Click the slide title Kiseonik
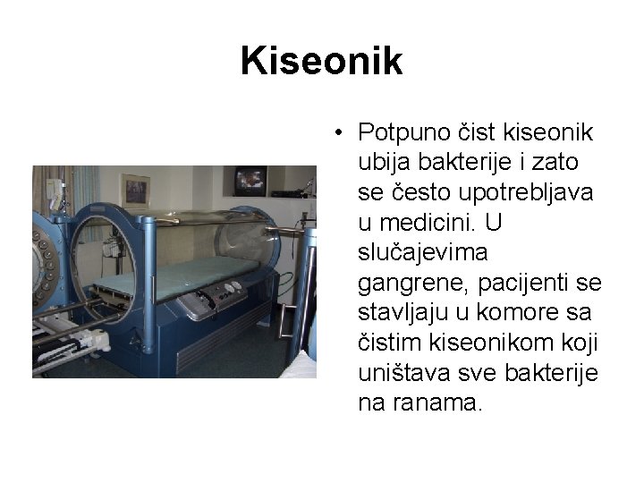click(321, 62)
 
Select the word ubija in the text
click(382, 163)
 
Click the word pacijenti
click(528, 284)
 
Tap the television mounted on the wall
click(250, 181)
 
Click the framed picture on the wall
click(135, 190)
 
